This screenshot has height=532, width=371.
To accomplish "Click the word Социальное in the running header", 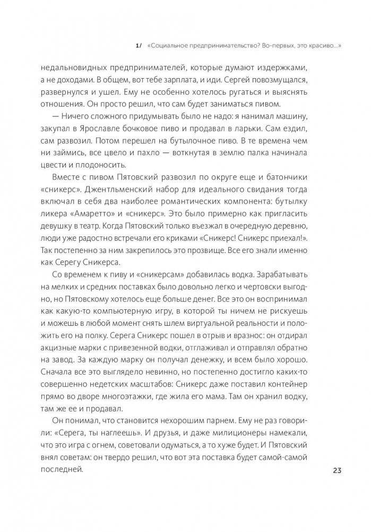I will click(x=170, y=46).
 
